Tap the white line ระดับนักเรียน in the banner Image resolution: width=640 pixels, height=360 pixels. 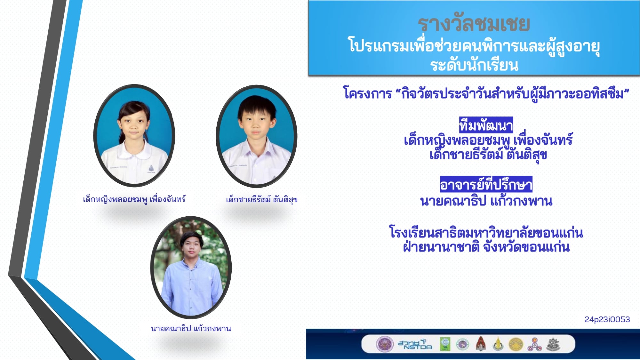[x=474, y=65]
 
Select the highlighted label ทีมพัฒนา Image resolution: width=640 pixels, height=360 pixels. [x=486, y=125]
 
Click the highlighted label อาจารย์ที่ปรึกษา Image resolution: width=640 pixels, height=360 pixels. [x=486, y=184]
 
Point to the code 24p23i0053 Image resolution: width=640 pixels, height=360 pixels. [x=607, y=319]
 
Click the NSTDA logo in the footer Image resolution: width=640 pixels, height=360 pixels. [x=415, y=344]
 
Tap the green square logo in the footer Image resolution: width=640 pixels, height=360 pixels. [x=445, y=344]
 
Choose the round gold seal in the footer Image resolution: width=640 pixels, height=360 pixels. [x=516, y=344]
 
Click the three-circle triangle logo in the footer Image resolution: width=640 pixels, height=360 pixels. [x=534, y=344]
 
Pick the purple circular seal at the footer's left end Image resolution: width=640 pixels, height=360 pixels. [x=384, y=344]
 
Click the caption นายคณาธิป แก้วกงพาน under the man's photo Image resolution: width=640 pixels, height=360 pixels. [x=191, y=328]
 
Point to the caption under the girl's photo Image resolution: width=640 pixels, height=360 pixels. [x=134, y=199]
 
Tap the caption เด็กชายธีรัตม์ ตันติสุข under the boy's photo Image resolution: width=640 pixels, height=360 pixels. [x=262, y=199]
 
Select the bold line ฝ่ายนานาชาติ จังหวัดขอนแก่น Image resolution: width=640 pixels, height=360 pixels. [x=486, y=247]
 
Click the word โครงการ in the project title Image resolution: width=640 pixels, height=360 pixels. [x=367, y=93]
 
